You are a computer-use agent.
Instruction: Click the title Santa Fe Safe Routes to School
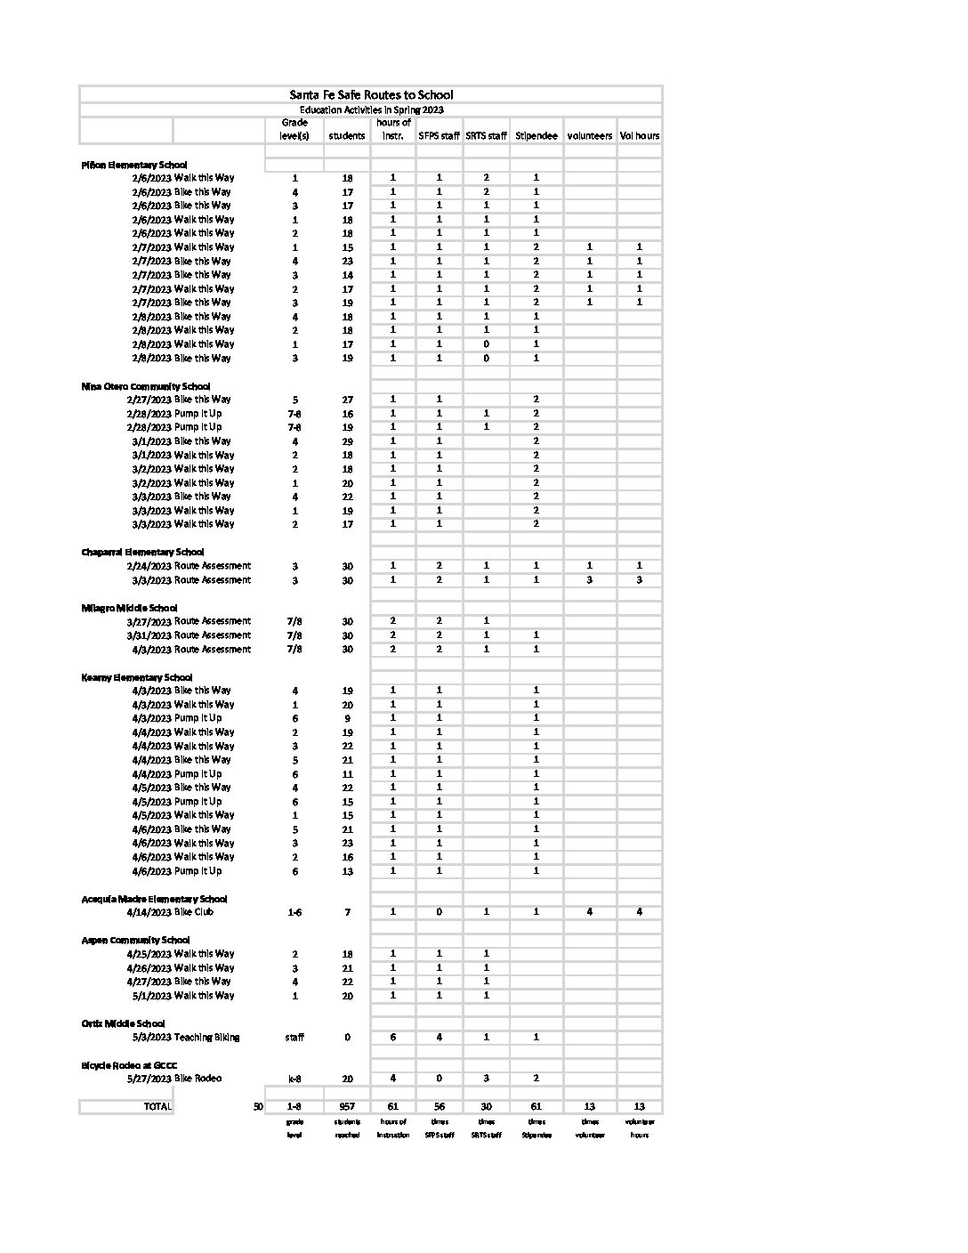click(x=371, y=94)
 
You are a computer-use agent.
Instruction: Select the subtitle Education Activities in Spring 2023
click(x=371, y=109)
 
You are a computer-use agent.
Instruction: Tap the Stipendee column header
click(x=536, y=136)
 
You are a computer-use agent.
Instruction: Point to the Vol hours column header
click(x=640, y=136)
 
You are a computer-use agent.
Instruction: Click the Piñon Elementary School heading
click(x=134, y=165)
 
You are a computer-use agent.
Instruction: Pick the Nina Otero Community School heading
click(x=146, y=386)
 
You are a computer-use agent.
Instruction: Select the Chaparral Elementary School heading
click(x=142, y=552)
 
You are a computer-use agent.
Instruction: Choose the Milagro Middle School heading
click(x=129, y=608)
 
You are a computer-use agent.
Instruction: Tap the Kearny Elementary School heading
click(x=136, y=677)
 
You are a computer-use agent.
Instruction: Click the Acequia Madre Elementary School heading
click(x=154, y=899)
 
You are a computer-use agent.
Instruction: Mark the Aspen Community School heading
click(x=135, y=940)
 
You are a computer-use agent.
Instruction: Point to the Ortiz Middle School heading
click(x=123, y=1023)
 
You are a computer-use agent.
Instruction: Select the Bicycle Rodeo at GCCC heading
click(x=129, y=1065)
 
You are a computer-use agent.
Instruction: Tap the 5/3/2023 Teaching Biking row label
click(x=185, y=1037)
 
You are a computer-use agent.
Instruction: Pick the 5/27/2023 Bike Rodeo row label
click(x=176, y=1079)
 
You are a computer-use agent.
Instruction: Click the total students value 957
click(x=347, y=1107)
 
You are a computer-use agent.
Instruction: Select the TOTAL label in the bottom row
click(x=157, y=1106)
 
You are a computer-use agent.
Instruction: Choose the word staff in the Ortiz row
click(x=294, y=1038)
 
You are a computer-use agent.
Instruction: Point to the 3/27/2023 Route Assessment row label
click(x=189, y=621)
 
